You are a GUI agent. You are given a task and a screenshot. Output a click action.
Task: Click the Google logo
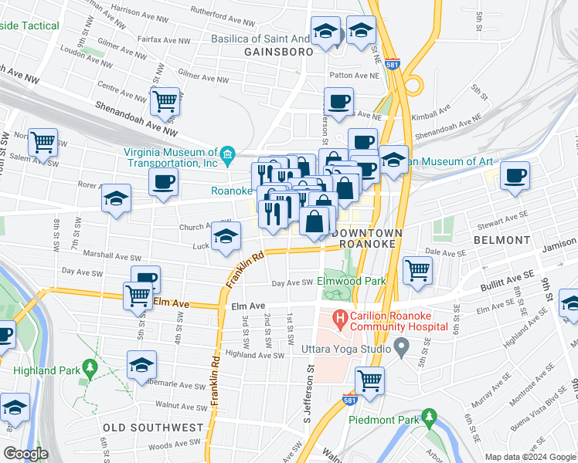(x=25, y=454)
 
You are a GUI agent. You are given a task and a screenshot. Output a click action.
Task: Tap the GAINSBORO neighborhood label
(x=278, y=52)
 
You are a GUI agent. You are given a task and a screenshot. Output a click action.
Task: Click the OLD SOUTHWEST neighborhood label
(x=153, y=427)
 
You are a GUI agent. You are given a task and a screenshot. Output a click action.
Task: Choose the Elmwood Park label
(x=352, y=282)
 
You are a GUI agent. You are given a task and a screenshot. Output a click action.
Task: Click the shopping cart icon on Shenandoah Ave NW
(x=165, y=100)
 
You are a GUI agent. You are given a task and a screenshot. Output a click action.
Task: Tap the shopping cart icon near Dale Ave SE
(x=417, y=270)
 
